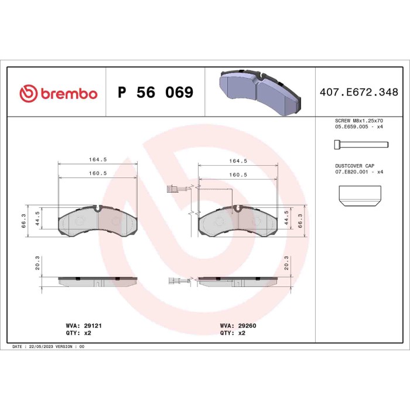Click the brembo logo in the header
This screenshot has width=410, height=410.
pos(58,93)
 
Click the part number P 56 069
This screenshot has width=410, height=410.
pos(155,93)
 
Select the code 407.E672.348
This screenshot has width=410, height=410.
pos(358,93)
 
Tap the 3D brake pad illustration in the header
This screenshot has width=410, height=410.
pos(259,91)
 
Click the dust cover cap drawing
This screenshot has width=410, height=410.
pos(360,196)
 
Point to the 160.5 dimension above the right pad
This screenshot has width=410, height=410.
pos(237,175)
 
